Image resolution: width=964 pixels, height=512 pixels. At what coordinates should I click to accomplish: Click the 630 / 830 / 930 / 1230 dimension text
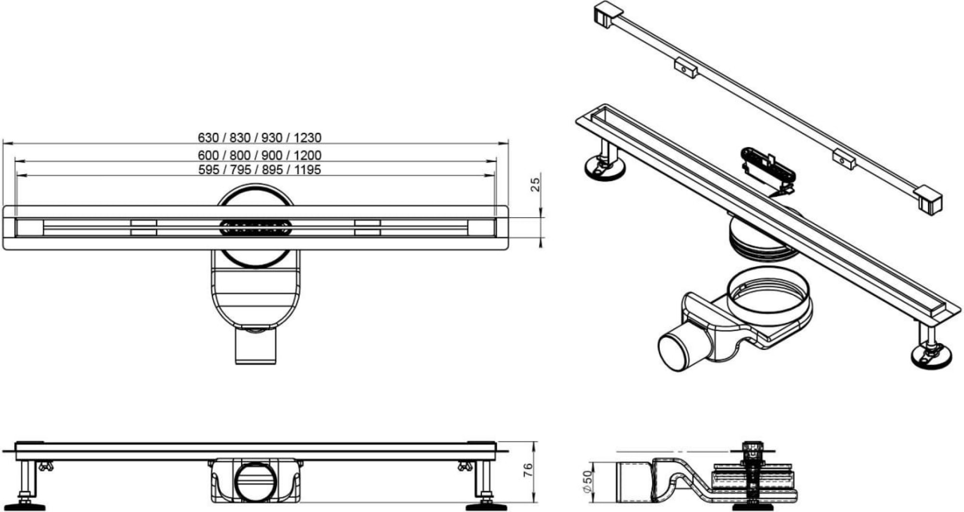(x=259, y=138)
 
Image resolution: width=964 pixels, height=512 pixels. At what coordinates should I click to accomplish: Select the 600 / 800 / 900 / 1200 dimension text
(x=259, y=155)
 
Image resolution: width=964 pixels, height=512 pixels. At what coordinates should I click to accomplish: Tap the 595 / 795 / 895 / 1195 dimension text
(x=259, y=170)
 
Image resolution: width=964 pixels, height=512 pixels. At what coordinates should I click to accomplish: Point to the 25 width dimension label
(x=536, y=185)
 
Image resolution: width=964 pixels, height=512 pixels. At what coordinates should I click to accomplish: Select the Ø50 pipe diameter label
(x=588, y=481)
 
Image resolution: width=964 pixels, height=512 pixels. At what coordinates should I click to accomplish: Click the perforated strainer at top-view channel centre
(x=255, y=227)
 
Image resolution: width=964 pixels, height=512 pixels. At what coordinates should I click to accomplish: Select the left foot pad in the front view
(x=25, y=506)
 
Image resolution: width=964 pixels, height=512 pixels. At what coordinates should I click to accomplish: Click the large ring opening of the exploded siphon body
(x=769, y=293)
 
